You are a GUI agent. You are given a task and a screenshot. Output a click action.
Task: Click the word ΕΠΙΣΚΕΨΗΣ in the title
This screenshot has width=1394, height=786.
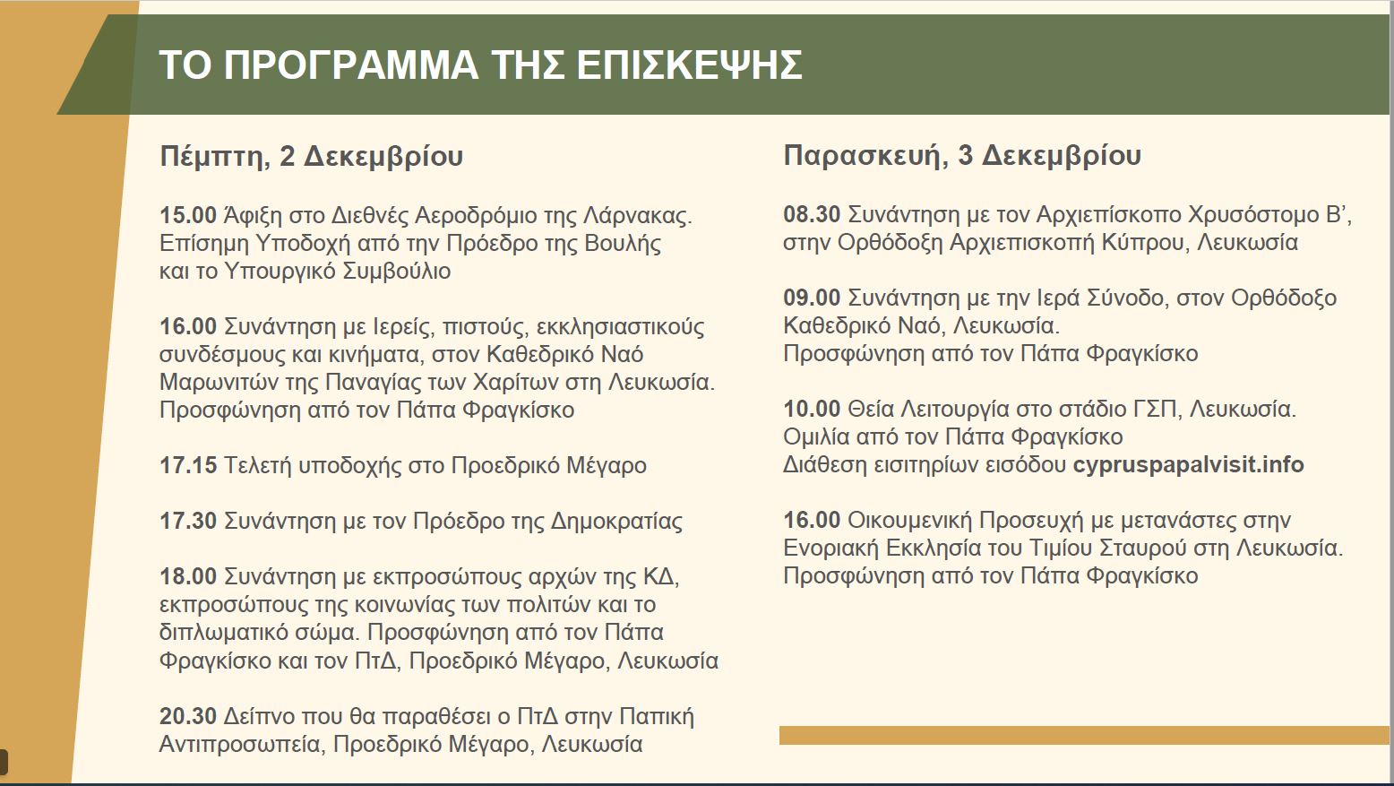click(x=690, y=65)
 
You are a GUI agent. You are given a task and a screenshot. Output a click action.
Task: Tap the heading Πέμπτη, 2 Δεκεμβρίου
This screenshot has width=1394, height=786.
click(x=311, y=156)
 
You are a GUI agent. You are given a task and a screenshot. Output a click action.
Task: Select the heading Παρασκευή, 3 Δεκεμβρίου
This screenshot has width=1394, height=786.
click(x=962, y=156)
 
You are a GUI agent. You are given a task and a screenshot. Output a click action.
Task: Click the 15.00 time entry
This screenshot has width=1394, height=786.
click(x=188, y=215)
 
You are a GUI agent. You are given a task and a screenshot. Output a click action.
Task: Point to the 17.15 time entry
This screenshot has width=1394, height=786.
click(x=188, y=465)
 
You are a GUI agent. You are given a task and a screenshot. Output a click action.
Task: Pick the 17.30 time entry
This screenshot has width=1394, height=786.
click(x=188, y=521)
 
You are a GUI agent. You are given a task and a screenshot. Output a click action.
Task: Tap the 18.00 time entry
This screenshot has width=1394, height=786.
click(x=188, y=576)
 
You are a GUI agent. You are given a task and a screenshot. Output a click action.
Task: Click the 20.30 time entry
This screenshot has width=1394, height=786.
click(x=188, y=716)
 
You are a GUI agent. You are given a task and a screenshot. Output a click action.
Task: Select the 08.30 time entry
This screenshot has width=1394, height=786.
click(x=812, y=215)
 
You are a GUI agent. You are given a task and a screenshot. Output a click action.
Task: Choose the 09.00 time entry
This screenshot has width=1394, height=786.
click(x=812, y=298)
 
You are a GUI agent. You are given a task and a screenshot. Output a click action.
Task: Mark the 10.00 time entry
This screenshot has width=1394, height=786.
click(x=812, y=409)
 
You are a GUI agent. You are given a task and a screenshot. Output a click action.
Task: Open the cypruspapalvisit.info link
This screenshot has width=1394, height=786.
click(x=1188, y=465)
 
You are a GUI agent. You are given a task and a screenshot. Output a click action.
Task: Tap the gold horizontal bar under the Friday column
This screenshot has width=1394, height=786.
click(x=1084, y=735)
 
